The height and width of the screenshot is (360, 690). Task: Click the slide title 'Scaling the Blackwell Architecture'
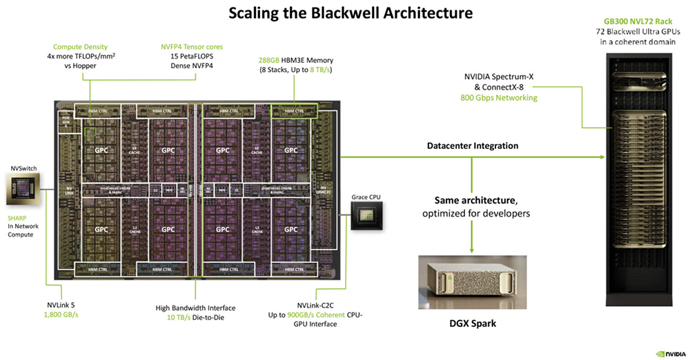point(345,12)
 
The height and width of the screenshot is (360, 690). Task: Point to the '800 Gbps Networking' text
point(499,99)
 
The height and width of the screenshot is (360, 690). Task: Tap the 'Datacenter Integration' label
point(473,146)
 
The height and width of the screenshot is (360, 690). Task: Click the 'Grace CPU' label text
point(366,197)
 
